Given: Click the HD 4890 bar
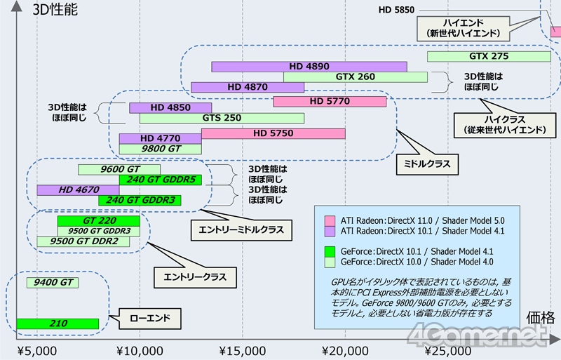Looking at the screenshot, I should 309,67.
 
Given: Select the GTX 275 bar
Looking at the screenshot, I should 488,56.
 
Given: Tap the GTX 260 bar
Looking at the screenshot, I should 356,77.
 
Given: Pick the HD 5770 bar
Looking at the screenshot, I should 330,102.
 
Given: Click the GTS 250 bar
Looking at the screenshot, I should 222,118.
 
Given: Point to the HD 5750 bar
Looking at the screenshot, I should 273,133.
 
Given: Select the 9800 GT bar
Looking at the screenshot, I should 161,149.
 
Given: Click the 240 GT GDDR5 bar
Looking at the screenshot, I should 161,180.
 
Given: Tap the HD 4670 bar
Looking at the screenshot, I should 79,189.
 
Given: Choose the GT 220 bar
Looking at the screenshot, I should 99,221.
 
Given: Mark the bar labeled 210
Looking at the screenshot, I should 58,324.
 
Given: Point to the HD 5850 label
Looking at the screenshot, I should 396,10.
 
